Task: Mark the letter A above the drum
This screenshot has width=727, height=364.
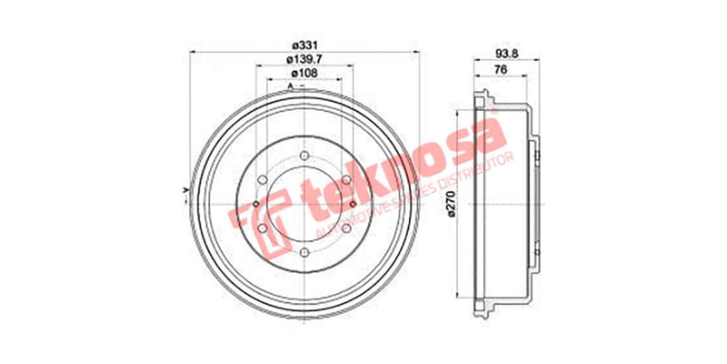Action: click(290, 86)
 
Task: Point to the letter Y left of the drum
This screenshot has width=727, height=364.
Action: click(184, 189)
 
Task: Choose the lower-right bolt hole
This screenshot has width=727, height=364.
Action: click(344, 227)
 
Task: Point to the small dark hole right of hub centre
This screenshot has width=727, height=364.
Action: click(351, 203)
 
